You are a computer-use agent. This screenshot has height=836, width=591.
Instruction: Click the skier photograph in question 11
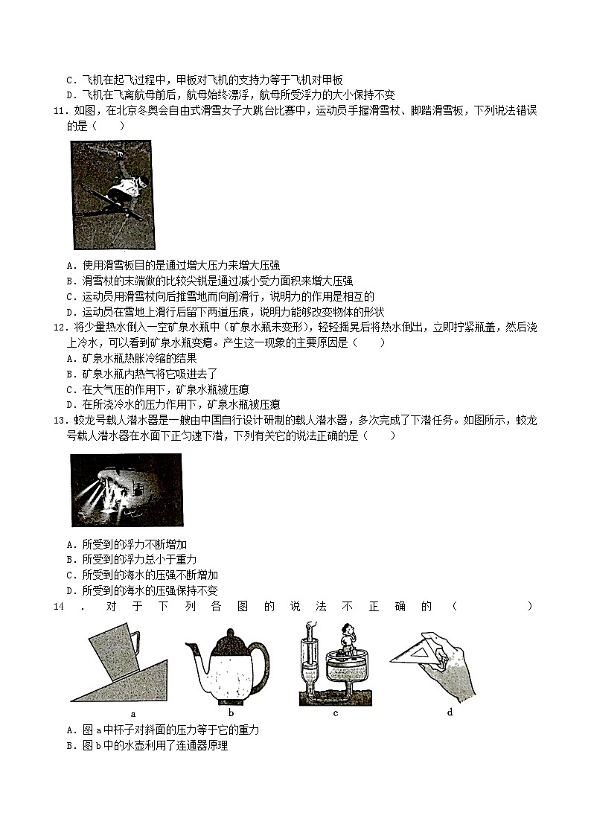[112, 195]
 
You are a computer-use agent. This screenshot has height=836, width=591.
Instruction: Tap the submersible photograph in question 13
[126, 490]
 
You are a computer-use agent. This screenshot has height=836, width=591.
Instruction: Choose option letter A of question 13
[70, 544]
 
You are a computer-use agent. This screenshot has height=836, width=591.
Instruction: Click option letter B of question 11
[70, 281]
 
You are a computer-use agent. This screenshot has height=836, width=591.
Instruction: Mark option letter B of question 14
[70, 745]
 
